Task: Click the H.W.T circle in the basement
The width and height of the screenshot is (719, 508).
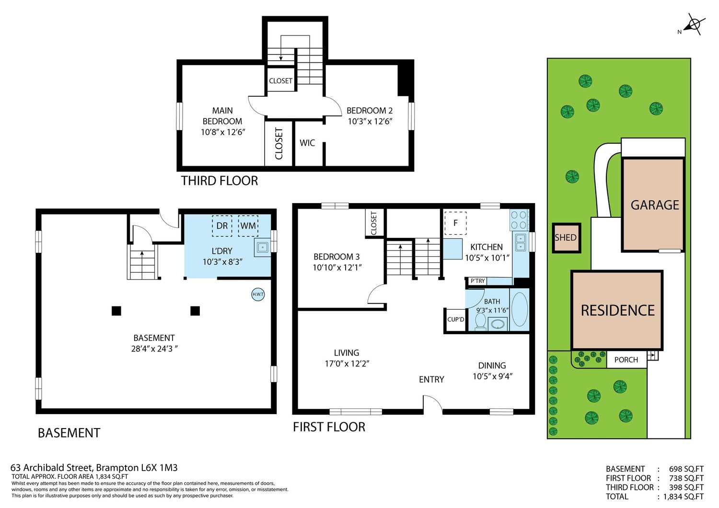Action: tap(258, 294)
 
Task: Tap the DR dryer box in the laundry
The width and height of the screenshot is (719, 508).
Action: tap(222, 226)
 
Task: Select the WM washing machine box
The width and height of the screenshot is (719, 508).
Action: tap(248, 226)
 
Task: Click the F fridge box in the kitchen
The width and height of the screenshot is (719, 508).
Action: tap(455, 223)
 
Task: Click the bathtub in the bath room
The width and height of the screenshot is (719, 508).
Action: tap(519, 309)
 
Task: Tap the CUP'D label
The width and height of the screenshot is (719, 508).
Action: tap(455, 319)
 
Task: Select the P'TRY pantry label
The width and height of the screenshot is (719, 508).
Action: tap(477, 281)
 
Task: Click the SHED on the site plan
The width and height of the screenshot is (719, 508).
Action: tap(566, 237)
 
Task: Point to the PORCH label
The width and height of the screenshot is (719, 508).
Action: tap(626, 360)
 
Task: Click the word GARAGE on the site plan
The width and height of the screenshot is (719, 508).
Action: tap(654, 205)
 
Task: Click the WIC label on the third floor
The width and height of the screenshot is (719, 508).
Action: tap(307, 143)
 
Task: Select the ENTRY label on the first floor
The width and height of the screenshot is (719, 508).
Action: tap(431, 379)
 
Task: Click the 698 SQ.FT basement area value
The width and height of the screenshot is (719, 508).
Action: tap(686, 469)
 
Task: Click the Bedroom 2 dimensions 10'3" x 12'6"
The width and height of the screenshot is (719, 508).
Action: tap(371, 122)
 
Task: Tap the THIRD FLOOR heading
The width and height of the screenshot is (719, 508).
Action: tap(219, 181)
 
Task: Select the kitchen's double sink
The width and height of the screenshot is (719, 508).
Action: tap(520, 242)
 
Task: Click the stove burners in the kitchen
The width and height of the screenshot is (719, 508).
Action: tap(519, 220)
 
